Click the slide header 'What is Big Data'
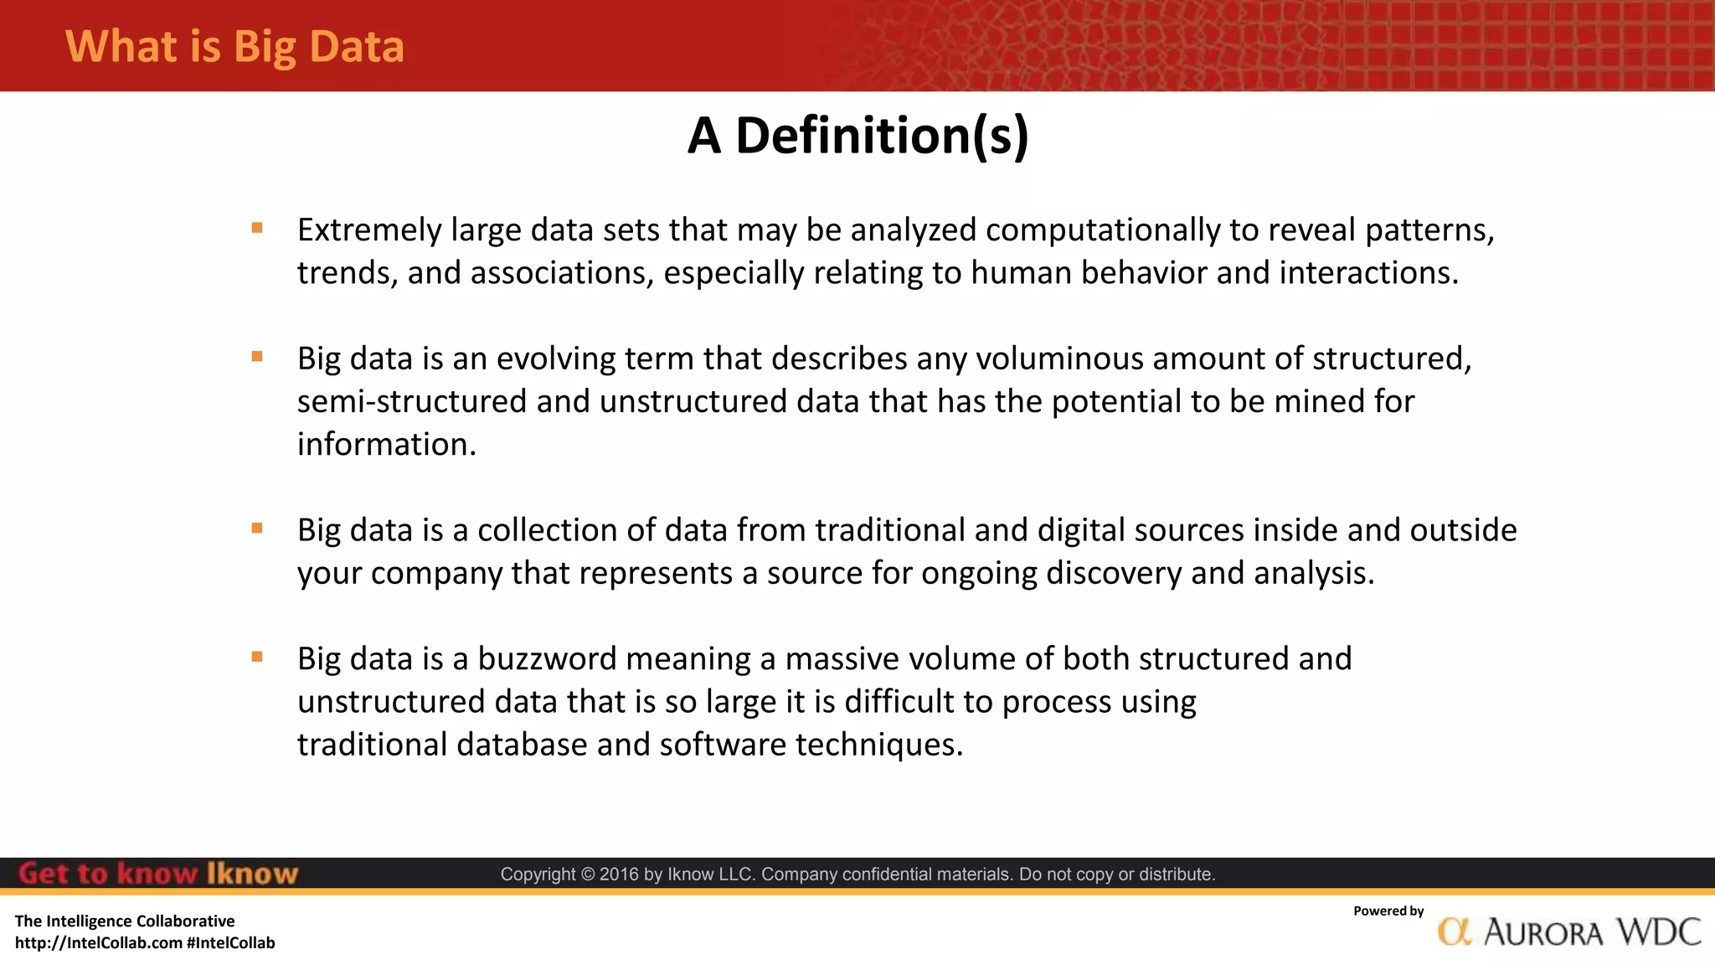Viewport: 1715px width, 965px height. [234, 46]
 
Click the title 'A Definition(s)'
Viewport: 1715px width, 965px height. [857, 136]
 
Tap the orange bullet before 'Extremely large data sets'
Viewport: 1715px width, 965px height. [257, 228]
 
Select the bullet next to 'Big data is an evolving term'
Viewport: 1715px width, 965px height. [257, 357]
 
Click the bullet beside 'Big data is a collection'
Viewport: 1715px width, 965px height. [257, 528]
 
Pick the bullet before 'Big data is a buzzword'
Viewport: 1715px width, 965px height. [257, 657]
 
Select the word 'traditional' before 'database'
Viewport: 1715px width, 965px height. [373, 745]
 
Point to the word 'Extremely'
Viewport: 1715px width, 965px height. [369, 230]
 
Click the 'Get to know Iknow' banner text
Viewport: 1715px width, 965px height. [158, 874]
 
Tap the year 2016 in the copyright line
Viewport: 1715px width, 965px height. [619, 875]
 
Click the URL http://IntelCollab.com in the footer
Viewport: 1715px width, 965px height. [99, 943]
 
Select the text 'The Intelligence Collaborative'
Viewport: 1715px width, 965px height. [125, 921]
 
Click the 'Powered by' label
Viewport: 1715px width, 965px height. [1388, 911]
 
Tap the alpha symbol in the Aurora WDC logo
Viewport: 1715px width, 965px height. [1455, 931]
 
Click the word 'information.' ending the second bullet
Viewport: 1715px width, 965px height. [387, 445]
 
